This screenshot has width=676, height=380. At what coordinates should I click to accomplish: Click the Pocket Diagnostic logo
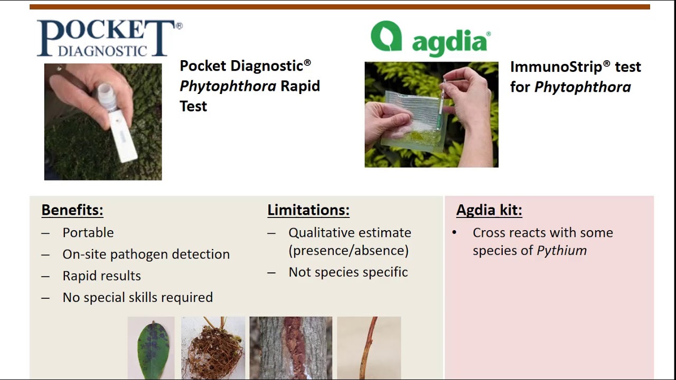[x=108, y=38]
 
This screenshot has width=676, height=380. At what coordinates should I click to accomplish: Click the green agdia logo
[x=430, y=38]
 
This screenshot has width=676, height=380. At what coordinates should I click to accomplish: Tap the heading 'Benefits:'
[x=72, y=210]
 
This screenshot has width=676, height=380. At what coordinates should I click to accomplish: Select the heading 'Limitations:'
[x=308, y=210]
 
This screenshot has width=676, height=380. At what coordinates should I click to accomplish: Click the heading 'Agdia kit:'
[x=489, y=210]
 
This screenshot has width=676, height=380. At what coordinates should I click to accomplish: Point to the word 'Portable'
[x=88, y=233]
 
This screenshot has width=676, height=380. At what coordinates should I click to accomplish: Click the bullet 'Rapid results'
[x=102, y=276]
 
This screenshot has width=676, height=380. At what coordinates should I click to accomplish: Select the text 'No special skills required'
[x=138, y=298]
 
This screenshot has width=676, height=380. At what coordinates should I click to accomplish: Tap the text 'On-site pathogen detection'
[x=146, y=254]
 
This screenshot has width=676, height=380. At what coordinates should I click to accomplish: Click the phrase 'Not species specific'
[x=348, y=272]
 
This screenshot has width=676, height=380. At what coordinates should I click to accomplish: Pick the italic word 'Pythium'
[x=562, y=251]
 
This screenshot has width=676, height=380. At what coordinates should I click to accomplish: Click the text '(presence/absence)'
[x=349, y=251]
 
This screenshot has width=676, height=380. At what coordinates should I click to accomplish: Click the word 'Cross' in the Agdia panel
[x=489, y=233]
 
